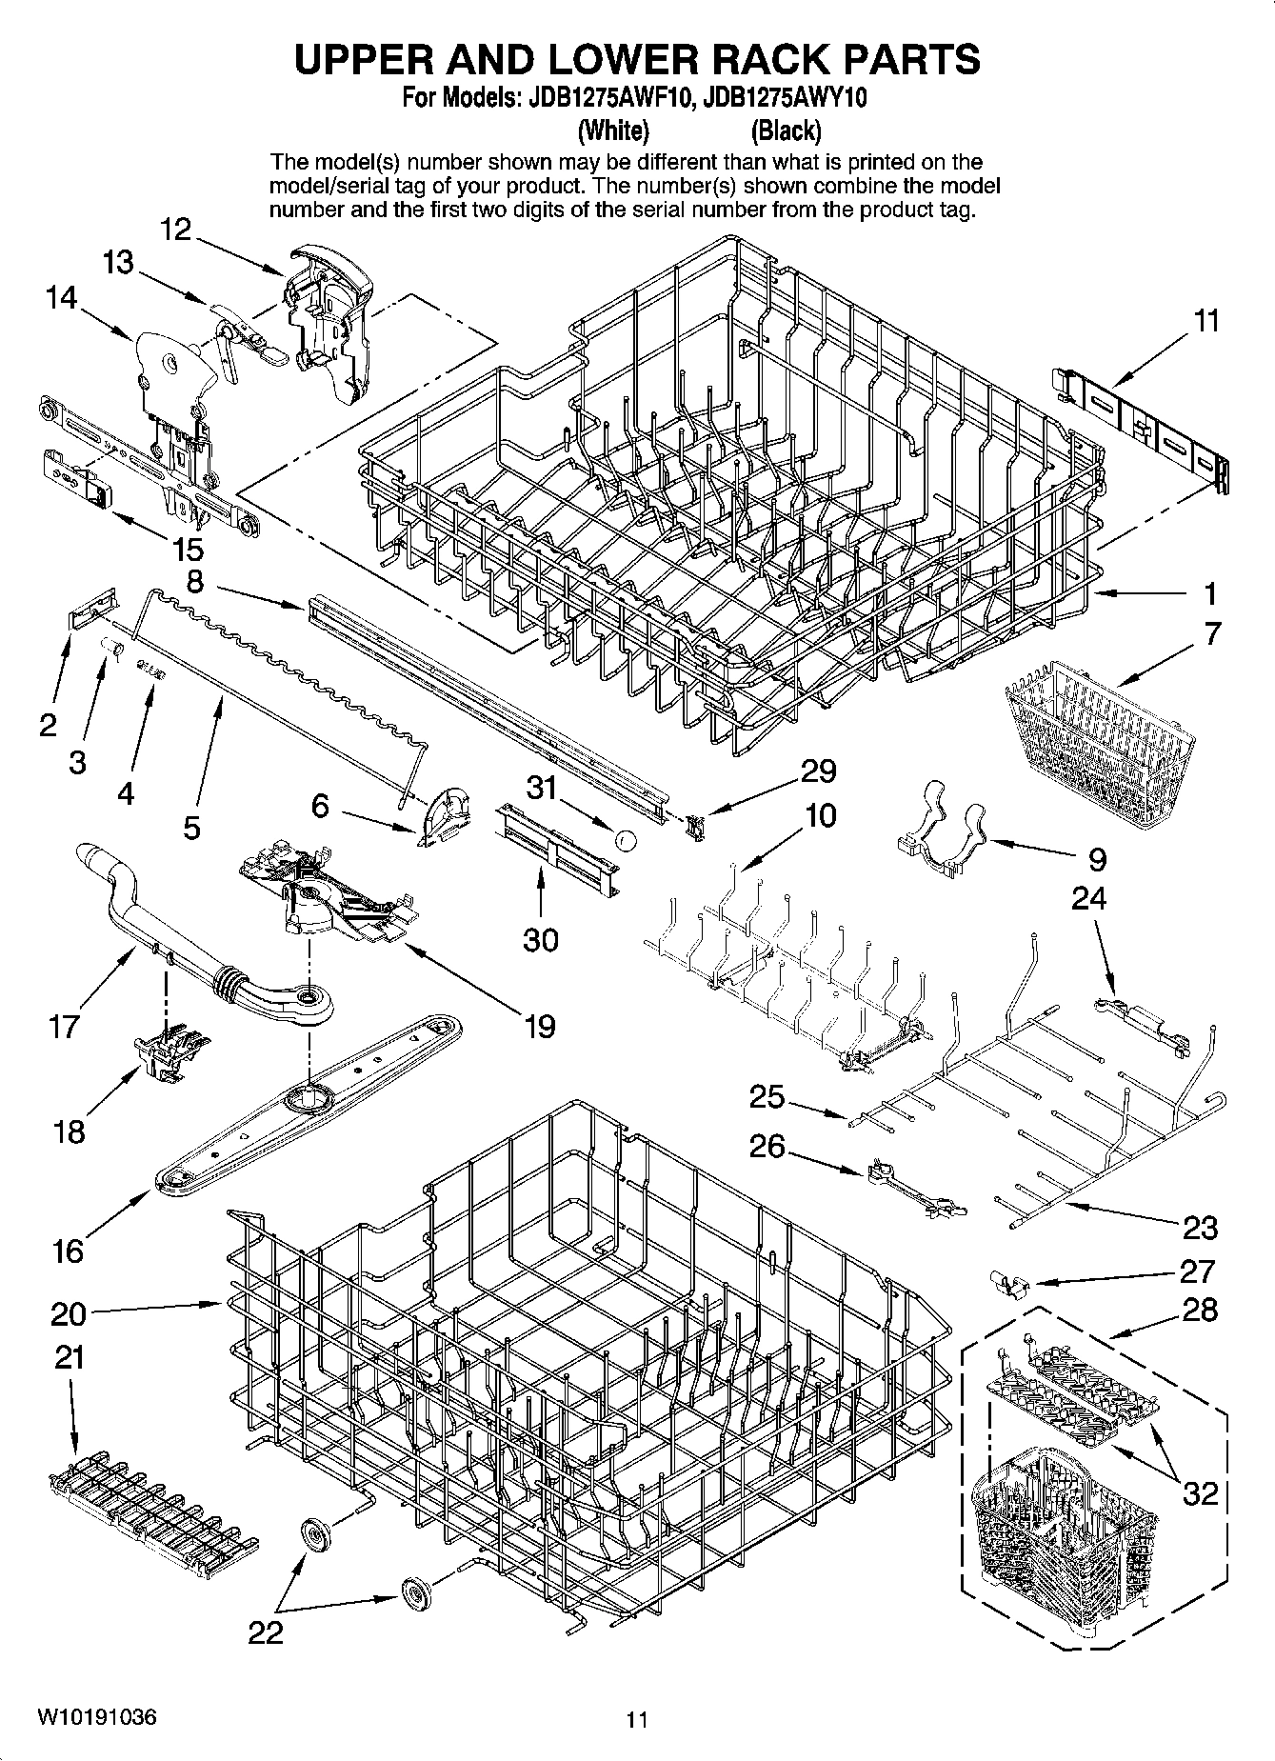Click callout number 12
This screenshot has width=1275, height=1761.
[x=176, y=230]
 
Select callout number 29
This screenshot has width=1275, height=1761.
[x=818, y=771]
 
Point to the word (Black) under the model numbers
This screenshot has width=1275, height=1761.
[x=786, y=130]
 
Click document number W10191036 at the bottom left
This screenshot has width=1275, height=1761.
[x=98, y=1718]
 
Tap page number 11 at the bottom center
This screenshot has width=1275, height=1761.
[x=637, y=1720]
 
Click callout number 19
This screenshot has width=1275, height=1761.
[x=539, y=1027]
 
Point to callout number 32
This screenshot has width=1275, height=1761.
[x=1200, y=1492]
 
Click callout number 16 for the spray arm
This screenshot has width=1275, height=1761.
[x=68, y=1251]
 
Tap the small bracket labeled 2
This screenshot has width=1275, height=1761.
[x=92, y=607]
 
